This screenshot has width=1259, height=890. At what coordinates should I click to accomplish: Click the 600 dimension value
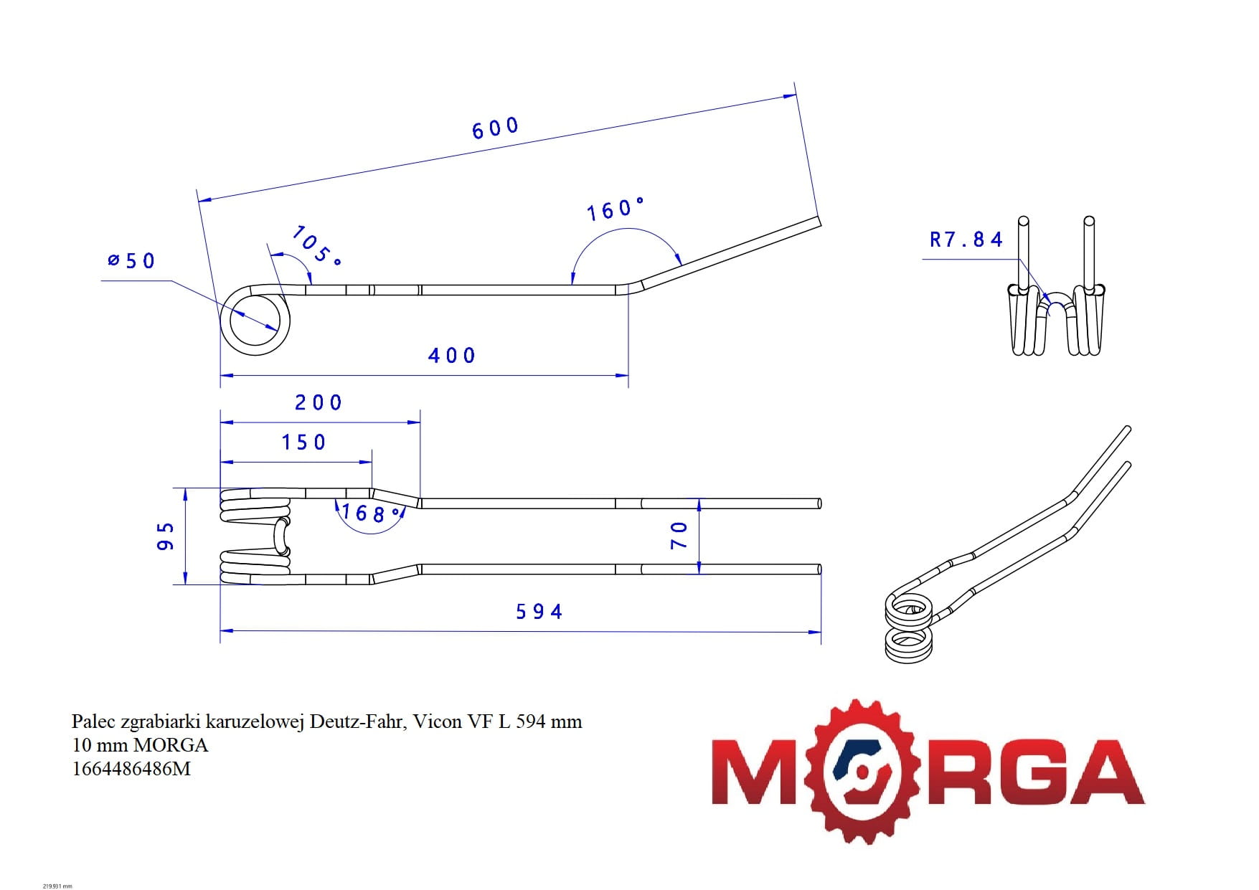(495, 128)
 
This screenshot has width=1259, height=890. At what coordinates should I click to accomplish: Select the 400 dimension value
(451, 356)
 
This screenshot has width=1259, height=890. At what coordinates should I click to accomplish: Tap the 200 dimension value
(319, 402)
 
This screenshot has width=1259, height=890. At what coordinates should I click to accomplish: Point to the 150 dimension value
(303, 442)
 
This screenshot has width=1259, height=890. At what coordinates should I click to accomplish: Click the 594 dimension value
(539, 612)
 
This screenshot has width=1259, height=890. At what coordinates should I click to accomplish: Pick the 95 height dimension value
(166, 536)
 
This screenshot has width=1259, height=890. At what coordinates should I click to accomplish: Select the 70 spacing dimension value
(679, 535)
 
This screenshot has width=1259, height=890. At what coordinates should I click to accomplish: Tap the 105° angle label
(315, 245)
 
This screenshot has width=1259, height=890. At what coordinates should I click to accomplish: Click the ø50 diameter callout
(131, 260)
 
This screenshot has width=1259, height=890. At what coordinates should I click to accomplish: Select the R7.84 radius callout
(966, 240)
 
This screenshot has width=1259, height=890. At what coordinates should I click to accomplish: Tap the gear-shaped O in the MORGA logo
(862, 772)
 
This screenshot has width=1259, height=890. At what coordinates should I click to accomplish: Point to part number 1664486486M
(131, 769)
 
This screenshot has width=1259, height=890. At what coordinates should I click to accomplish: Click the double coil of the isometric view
(909, 628)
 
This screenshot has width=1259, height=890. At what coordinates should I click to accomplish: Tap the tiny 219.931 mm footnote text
(57, 886)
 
